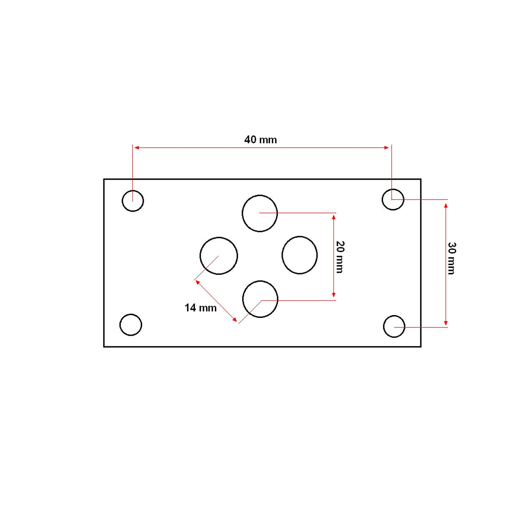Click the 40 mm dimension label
[260, 140]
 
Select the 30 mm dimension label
[451, 258]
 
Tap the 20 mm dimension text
[340, 256]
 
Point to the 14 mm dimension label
[200, 308]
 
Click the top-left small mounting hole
[133, 201]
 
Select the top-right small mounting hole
[393, 199]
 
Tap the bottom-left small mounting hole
[131, 325]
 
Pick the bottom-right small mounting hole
[394, 327]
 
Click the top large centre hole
[260, 213]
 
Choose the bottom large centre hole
[260, 299]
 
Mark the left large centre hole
[219, 256]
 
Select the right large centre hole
[299, 255]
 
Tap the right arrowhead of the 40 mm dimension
[387, 148]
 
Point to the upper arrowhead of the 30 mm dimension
[446, 206]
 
